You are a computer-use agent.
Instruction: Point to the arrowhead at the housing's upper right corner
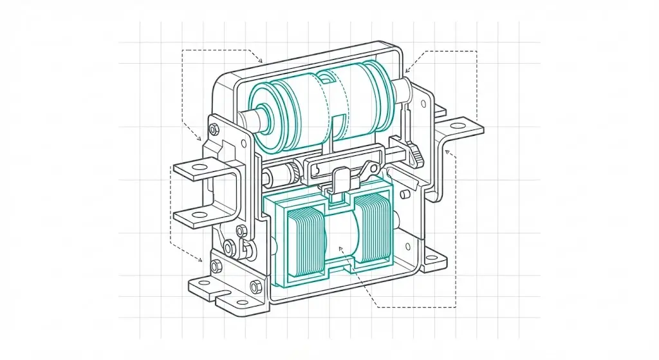tap(407, 71)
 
